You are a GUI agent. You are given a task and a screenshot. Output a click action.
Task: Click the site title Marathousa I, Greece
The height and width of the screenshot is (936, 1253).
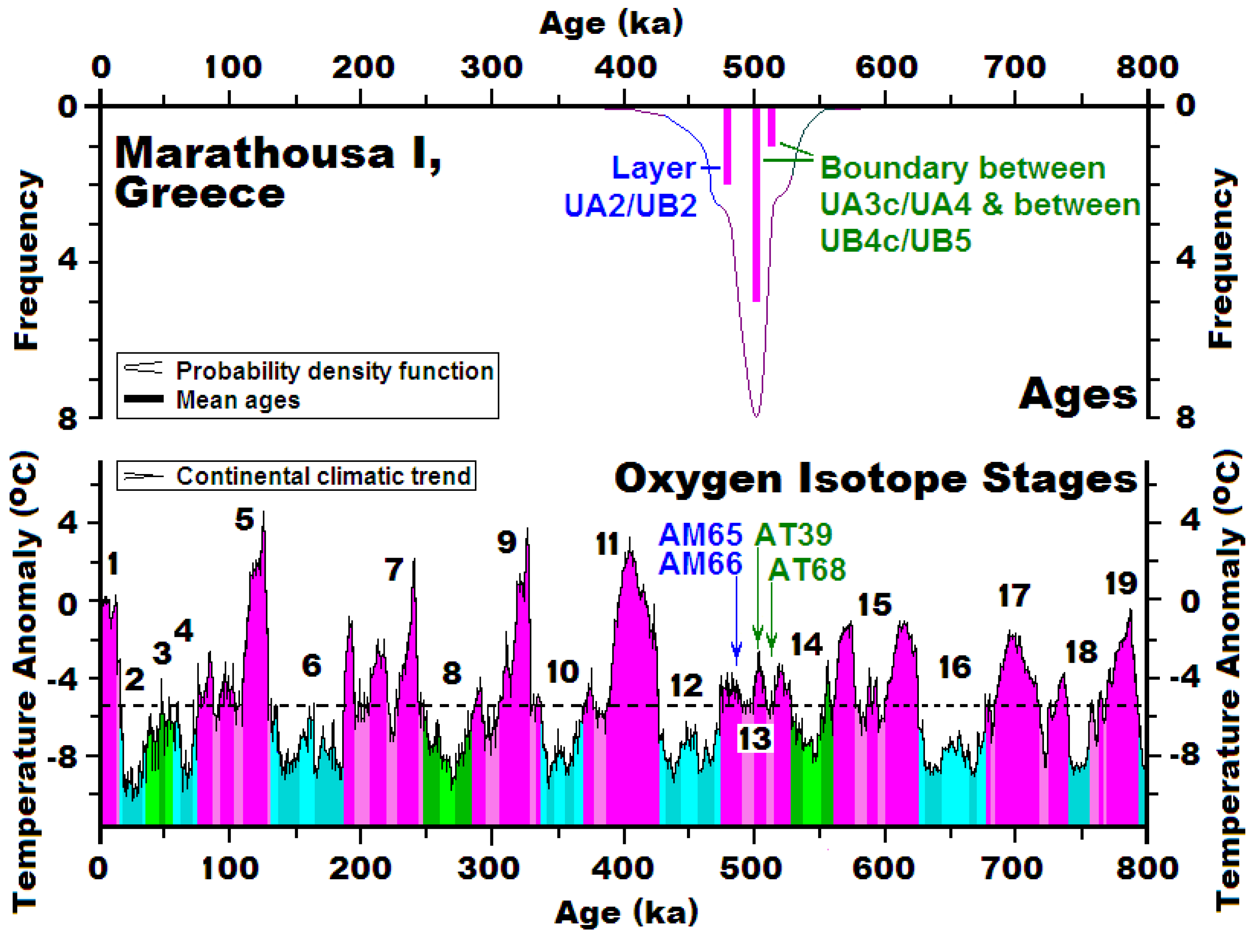[278, 172]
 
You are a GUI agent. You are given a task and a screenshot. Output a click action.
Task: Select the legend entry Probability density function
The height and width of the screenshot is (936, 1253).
[334, 371]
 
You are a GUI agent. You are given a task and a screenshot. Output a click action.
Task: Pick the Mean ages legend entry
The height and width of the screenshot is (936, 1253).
[238, 400]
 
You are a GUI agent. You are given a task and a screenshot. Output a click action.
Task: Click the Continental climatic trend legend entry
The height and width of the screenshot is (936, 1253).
[323, 476]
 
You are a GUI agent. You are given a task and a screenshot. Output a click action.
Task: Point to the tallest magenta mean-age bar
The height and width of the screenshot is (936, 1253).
[756, 204]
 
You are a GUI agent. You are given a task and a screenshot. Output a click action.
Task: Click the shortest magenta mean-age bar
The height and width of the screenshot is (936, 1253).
[771, 127]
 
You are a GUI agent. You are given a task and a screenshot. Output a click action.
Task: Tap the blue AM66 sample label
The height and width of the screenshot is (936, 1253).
[700, 564]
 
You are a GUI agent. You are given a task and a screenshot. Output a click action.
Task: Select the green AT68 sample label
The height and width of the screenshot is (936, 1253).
[807, 570]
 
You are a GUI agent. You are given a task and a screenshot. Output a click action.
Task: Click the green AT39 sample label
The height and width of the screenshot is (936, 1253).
[793, 534]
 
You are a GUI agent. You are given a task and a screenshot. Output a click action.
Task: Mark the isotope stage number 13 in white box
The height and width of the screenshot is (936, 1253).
[755, 739]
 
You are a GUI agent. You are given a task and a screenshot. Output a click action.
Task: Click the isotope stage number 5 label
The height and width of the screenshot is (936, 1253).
[245, 520]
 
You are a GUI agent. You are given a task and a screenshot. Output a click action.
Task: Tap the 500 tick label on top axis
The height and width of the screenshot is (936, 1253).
[753, 67]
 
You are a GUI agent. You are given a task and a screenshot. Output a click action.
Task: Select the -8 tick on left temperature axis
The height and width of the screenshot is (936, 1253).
[61, 756]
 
